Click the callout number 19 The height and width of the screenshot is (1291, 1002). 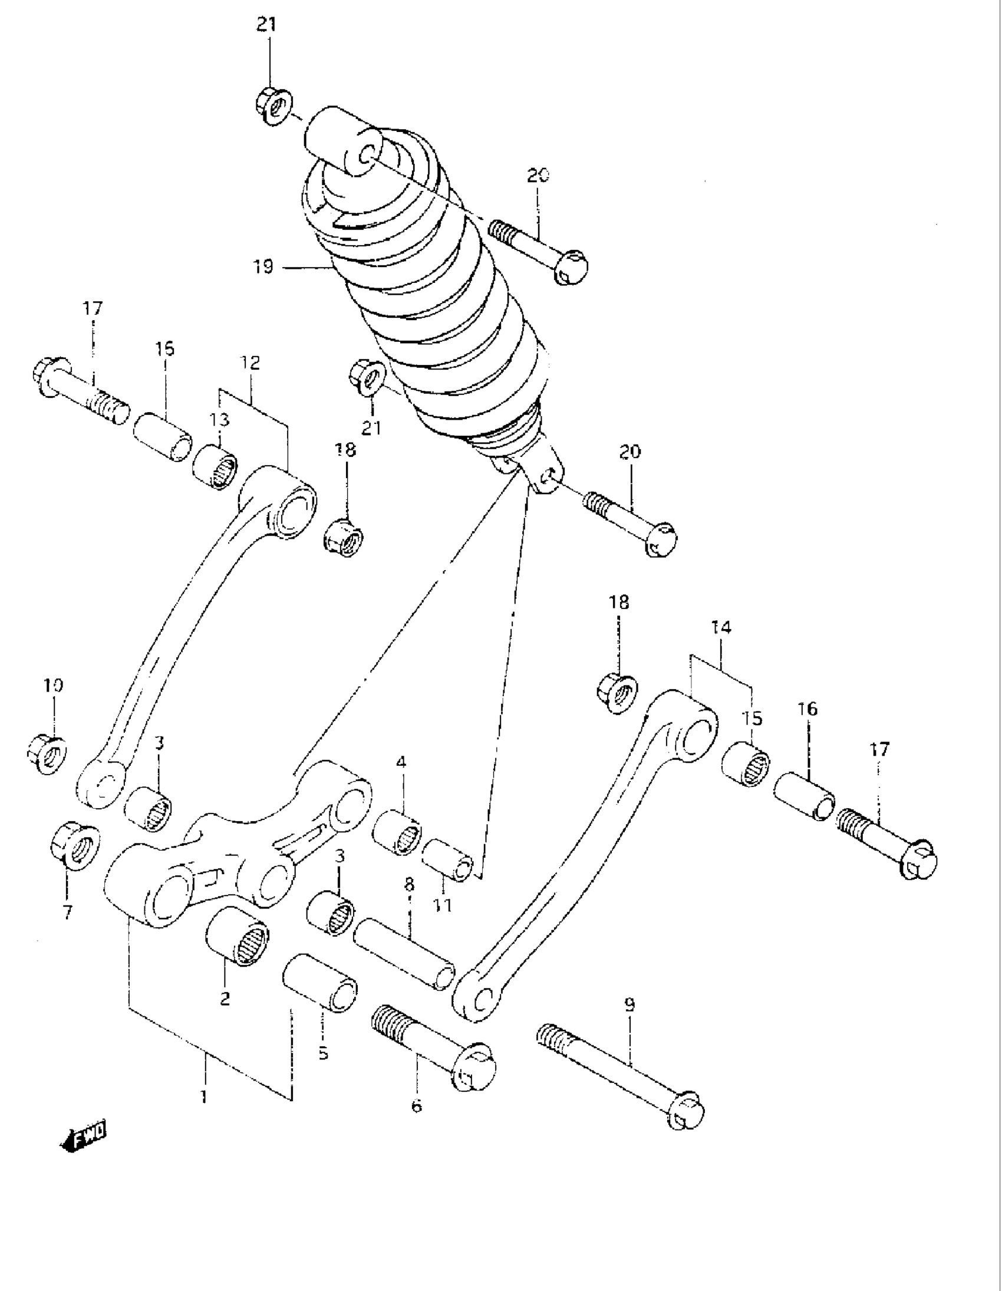[x=263, y=267]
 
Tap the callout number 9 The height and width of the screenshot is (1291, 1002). [x=629, y=1005]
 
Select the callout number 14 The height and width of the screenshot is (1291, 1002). [x=721, y=628]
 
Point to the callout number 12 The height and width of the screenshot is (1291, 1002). [x=250, y=363]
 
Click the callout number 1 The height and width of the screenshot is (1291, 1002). [x=203, y=1097]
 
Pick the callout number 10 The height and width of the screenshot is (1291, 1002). [x=53, y=686]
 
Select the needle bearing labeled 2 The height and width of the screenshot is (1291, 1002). [x=237, y=937]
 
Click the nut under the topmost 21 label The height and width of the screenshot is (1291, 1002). [x=271, y=106]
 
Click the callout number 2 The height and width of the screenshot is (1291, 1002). [x=225, y=999]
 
